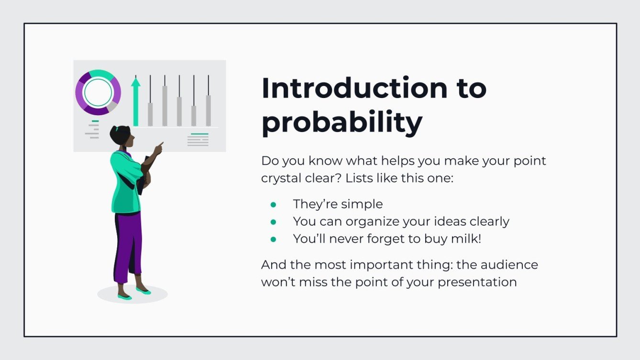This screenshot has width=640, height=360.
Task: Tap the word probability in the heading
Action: coord(342,122)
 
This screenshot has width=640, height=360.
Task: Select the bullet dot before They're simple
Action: coord(274,205)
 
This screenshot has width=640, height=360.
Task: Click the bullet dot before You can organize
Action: coord(274,222)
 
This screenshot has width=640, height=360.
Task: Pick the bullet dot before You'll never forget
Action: coord(274,239)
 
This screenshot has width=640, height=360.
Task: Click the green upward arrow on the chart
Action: coord(136,100)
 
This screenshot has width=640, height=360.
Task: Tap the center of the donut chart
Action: coord(98,92)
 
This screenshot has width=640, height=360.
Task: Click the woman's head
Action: coord(120,136)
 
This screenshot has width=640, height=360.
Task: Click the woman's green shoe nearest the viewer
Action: coord(124,297)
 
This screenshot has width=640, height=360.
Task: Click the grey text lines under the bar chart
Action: coord(198,141)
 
